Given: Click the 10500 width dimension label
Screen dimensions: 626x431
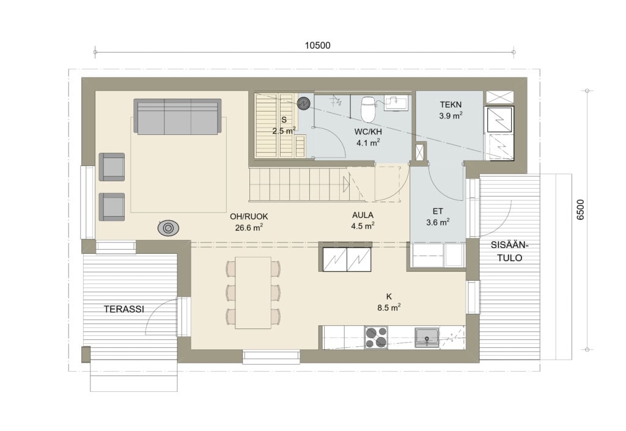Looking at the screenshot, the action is point(317,45).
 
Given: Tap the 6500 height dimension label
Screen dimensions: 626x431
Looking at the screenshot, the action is point(581,210).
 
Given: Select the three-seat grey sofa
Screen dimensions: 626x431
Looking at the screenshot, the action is point(177,117).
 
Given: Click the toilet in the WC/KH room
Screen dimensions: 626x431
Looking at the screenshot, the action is point(368,108).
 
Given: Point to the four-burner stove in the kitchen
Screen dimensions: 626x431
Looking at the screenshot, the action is point(376,338).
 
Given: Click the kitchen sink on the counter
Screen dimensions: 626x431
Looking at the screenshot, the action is point(427,338).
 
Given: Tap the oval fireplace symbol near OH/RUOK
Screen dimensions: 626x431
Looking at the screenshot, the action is point(168,228).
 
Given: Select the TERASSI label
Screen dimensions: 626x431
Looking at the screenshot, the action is point(123,309).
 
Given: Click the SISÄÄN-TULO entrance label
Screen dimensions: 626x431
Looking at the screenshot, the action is point(509,252).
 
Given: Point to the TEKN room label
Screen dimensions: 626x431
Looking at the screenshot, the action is point(451,105).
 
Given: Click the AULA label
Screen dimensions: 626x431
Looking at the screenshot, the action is point(363,215).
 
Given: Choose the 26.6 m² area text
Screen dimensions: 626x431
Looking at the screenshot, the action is point(249,228).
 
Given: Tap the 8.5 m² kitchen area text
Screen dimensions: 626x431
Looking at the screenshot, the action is point(389,308).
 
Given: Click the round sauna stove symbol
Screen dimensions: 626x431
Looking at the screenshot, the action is point(304,103).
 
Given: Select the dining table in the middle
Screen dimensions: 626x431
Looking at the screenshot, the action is point(253,293).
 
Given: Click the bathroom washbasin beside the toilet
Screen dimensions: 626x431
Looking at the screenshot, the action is point(396,103).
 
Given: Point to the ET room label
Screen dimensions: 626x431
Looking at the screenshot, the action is point(438,211).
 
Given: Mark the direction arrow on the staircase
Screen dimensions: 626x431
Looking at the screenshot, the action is point(346,184).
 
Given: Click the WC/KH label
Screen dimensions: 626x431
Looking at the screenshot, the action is point(368,132).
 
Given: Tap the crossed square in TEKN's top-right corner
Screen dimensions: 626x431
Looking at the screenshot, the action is point(499,97).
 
